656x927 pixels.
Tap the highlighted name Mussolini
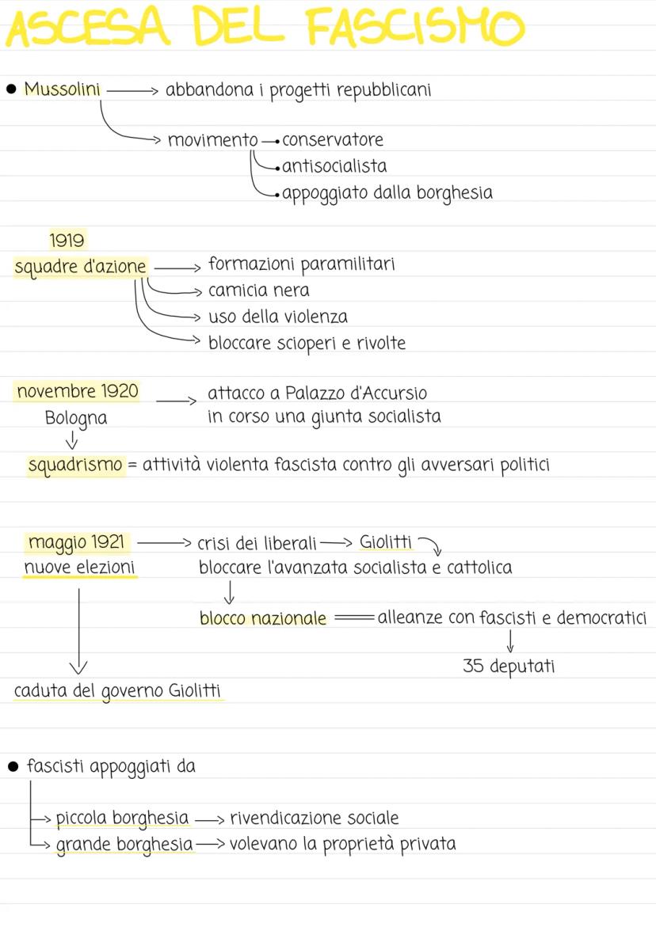pos(63,89)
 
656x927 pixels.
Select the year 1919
pos(67,240)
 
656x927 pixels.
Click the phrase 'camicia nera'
pos(258,291)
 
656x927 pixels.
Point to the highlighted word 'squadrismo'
pos(76,465)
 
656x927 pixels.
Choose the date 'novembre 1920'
pos(77,391)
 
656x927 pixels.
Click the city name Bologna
pos(76,417)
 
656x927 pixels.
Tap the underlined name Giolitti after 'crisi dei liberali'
pos(386,542)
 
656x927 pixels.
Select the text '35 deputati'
pos(509,667)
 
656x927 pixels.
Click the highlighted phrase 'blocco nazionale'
pos(263,618)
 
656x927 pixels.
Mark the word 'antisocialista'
pos(334,166)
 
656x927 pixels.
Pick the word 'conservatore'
pos(333,140)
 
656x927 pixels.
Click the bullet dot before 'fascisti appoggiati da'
pos(12,766)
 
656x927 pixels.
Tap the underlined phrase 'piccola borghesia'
pos(122,818)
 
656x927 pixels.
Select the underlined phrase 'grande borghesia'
pos(124,844)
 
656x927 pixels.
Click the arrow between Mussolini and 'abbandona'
pos(132,90)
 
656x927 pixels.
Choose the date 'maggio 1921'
pos(77,542)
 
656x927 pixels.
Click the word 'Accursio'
pos(396,393)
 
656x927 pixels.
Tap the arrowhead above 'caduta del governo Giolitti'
pos(78,667)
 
